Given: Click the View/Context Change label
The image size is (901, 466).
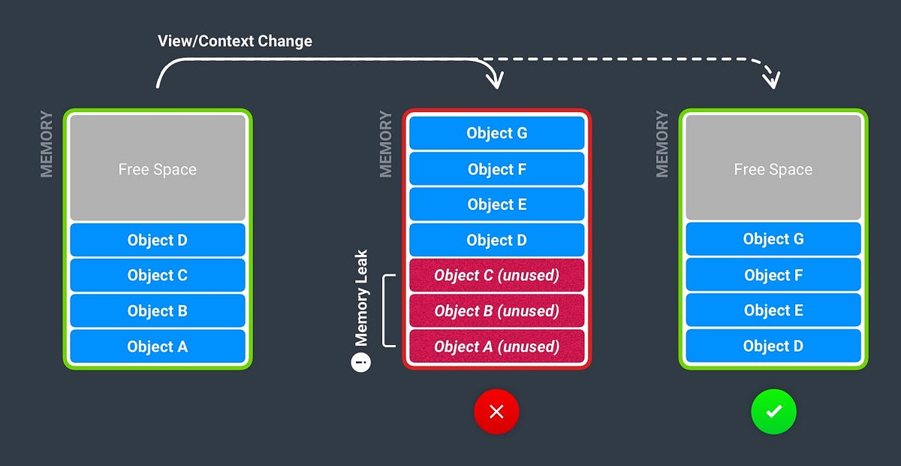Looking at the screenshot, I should (x=234, y=41).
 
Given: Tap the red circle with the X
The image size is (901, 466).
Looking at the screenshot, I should (x=496, y=412).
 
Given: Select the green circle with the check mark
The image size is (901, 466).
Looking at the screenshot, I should (x=773, y=412).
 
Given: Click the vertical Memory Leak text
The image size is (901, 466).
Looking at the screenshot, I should (x=362, y=298).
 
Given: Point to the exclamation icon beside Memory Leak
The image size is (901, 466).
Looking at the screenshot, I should (x=361, y=362).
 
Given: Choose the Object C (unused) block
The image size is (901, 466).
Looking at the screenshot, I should (x=496, y=275).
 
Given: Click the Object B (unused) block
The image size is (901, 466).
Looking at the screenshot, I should (x=496, y=310).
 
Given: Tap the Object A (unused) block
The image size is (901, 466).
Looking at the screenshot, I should (x=496, y=346).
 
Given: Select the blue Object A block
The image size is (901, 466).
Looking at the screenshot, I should (x=158, y=346).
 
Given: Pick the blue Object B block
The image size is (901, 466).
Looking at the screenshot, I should (x=158, y=310).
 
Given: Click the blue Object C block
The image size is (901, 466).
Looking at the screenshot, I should (x=158, y=275).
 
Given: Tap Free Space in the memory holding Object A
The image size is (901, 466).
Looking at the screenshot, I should (x=158, y=168).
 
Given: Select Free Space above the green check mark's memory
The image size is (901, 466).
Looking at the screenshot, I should (x=773, y=168).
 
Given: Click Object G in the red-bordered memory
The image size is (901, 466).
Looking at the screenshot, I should (x=496, y=133).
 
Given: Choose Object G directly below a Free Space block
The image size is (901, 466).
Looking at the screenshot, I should (x=773, y=239).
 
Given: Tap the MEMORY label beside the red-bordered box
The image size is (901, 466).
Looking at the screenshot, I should (x=386, y=144).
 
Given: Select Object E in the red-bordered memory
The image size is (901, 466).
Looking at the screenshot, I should (x=496, y=204).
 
